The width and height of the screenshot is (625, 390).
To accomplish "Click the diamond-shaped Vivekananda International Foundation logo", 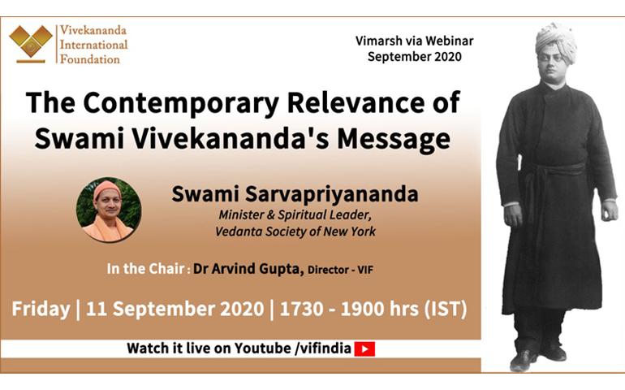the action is point(31,43).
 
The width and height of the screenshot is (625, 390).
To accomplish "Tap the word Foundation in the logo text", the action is point(89,59).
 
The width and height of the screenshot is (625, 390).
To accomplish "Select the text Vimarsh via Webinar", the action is point(414,41).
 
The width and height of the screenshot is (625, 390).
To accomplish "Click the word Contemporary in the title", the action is point(180,103).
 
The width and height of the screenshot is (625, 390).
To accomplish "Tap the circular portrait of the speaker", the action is point(109,210).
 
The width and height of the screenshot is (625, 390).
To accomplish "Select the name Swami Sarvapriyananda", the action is point(295,194).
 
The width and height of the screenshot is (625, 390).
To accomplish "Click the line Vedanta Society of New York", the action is point(295,232).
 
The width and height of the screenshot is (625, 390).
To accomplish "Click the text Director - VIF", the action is point(340,270).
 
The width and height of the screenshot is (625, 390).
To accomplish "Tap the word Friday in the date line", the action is point(41,310).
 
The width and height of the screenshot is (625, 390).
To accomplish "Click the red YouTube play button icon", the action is point(364,349).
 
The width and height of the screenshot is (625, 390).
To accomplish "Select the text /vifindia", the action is point(323,349).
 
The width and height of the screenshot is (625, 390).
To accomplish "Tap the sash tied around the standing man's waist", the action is point(554,175).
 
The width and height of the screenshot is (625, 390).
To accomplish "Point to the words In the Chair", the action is point(145,269).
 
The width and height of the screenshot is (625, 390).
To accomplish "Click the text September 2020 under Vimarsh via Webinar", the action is point(415,57).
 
